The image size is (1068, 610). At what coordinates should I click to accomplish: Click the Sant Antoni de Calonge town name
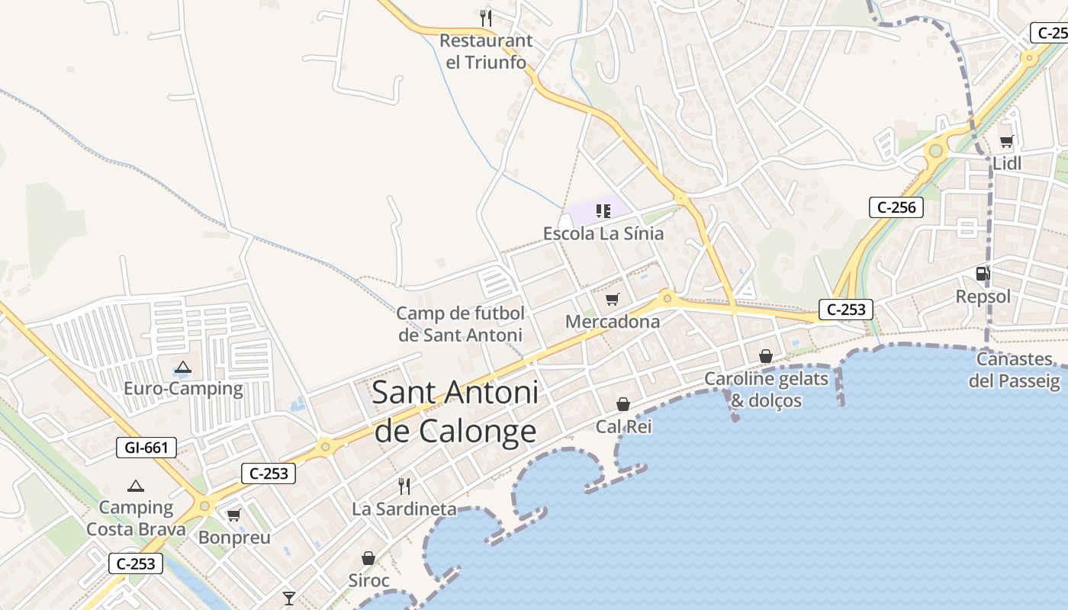[x=455, y=412]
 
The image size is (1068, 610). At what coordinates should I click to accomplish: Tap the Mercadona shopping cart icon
[x=613, y=299]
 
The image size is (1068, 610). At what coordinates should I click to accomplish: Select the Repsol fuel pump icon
[x=983, y=273]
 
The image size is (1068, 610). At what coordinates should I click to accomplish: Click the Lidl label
[x=1007, y=163]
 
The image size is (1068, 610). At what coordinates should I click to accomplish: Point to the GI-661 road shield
[x=146, y=448]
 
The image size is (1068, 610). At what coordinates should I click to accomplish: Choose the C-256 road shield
[x=896, y=207]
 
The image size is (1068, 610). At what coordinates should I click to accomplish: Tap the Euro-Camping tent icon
[x=182, y=367]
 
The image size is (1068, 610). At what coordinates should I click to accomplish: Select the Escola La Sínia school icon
[x=603, y=210]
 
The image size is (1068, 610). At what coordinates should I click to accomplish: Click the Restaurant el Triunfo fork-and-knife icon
[x=486, y=17]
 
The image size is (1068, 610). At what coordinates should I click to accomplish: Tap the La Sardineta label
[x=404, y=509]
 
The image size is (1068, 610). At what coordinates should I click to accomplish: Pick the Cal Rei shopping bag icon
[x=623, y=403]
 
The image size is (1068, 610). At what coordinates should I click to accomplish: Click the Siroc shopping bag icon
[x=368, y=558]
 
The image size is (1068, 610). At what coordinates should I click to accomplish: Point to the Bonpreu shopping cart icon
[x=234, y=515]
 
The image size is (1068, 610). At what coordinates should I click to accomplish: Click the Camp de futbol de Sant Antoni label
[x=461, y=324]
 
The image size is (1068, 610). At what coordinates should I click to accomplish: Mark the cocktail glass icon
[x=288, y=598]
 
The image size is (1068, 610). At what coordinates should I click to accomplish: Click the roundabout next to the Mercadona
[x=667, y=297]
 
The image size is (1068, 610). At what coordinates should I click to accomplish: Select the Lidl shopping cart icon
[x=1006, y=140]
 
